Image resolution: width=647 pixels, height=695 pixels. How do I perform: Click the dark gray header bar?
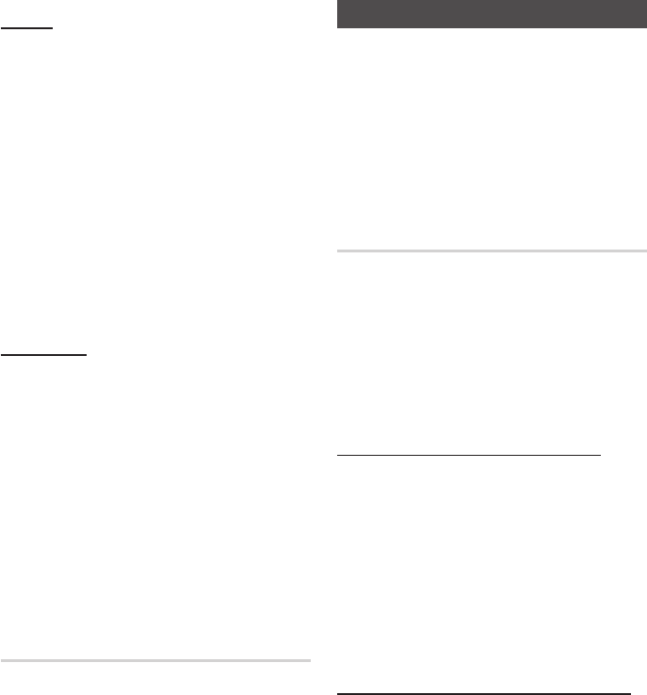point(492,15)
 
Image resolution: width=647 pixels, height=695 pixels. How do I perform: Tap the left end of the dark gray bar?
point(338,15)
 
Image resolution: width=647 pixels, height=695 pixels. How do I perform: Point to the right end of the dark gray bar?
point(646,15)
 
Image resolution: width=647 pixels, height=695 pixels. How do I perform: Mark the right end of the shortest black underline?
point(53,28)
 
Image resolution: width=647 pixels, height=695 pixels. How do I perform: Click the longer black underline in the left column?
point(44,355)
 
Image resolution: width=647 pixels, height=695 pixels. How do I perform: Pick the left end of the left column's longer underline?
point(2,355)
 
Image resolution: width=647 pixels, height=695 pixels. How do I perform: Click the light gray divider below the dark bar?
point(492,251)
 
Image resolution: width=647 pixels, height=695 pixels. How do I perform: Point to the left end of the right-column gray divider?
point(338,251)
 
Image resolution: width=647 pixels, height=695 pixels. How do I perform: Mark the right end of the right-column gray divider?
point(646,251)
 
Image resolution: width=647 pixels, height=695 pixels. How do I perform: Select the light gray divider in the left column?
point(155,661)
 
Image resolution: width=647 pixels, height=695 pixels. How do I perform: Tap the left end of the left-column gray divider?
point(2,661)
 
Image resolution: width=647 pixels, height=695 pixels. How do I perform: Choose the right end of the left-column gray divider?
point(309,661)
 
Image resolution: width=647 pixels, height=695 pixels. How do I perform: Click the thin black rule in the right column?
point(469,456)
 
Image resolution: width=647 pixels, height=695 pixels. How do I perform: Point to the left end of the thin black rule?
point(338,456)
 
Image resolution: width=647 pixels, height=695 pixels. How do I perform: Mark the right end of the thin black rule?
point(600,456)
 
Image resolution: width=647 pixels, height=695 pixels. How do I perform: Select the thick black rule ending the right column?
point(484,693)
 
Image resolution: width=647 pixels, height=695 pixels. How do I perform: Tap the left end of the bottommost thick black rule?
point(338,693)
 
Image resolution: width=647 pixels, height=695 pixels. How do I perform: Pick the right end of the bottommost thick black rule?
point(630,693)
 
